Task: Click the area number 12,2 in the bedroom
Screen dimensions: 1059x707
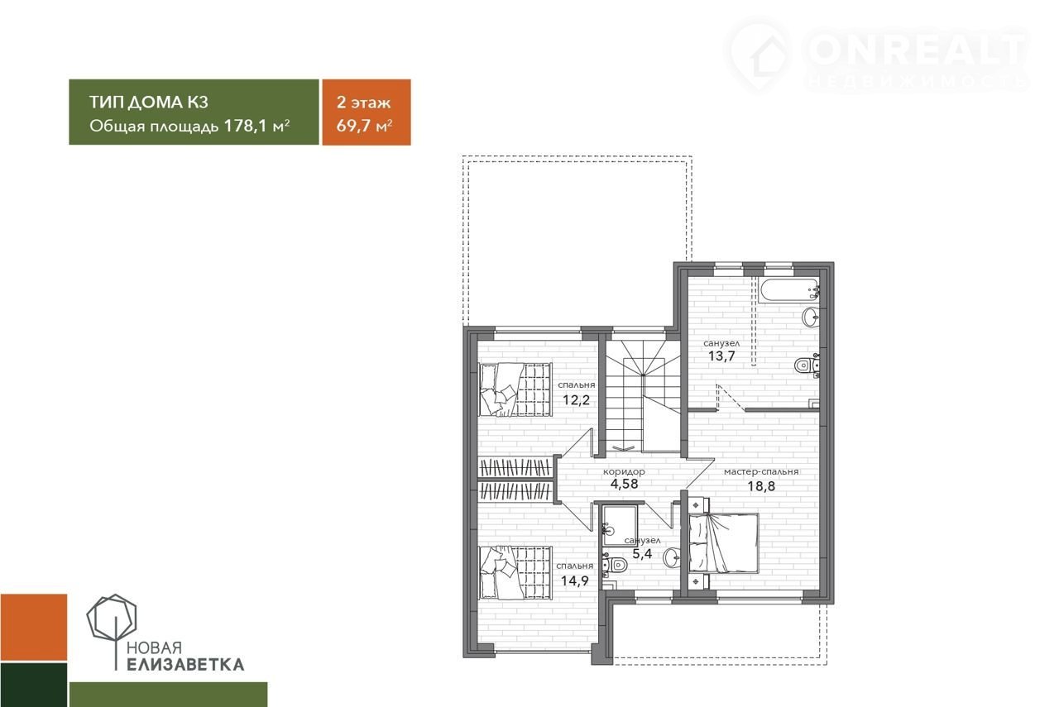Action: click(x=577, y=400)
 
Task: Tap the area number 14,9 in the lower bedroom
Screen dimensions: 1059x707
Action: click(x=575, y=580)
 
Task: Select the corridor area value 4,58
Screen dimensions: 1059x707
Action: click(x=624, y=484)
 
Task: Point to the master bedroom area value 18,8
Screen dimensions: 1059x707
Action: click(x=761, y=486)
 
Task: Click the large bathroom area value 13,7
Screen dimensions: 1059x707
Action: click(x=721, y=356)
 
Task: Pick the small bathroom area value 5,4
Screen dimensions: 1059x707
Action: click(x=642, y=553)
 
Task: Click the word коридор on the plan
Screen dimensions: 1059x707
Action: click(x=624, y=471)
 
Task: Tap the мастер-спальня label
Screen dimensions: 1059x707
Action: click(x=761, y=471)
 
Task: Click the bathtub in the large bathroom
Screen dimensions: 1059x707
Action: click(x=788, y=289)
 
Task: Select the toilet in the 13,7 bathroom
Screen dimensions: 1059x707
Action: click(x=807, y=365)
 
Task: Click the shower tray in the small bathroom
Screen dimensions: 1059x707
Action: click(x=619, y=526)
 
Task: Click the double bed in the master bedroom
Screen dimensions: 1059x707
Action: click(x=724, y=543)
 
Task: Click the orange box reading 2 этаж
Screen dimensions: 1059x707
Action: click(x=367, y=112)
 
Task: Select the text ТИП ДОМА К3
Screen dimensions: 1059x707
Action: click(x=149, y=102)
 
